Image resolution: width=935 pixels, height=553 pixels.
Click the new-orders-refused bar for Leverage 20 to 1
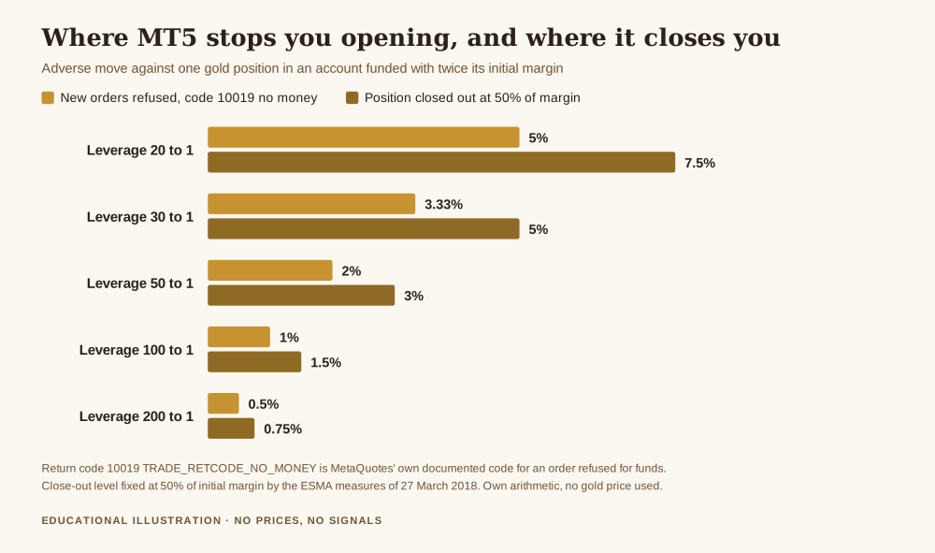coord(363,138)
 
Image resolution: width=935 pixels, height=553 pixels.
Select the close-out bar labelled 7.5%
coord(441,162)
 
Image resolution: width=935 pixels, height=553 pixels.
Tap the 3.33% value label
coord(443,205)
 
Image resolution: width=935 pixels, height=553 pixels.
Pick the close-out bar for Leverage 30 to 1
coord(363,228)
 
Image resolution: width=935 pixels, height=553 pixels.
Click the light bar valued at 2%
coord(269,270)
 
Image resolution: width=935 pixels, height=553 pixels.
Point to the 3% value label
coord(414,296)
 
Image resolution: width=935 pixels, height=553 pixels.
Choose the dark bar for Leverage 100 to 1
coord(254,361)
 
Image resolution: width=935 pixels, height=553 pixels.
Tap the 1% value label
coord(289,338)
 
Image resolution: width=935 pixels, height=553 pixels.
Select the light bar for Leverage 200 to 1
coord(223,403)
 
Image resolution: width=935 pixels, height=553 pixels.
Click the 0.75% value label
coord(282,429)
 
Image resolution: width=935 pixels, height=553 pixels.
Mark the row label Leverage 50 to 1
coord(140,284)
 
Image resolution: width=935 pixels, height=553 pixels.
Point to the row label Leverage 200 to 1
coord(137,416)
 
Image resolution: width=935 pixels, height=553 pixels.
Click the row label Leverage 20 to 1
coord(140,151)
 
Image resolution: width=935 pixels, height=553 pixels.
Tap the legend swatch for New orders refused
coord(48,98)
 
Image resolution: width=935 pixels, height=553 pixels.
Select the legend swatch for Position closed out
coord(352,98)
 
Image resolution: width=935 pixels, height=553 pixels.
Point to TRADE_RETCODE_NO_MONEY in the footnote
coord(230,468)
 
